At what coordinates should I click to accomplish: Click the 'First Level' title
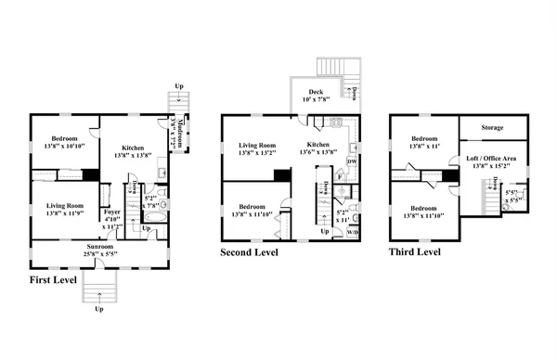pos(52,279)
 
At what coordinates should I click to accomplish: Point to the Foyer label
pos(112,212)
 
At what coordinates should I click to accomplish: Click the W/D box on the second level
pos(354,232)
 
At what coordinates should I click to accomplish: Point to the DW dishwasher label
pos(352,161)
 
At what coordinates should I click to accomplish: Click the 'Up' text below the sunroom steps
pos(99,309)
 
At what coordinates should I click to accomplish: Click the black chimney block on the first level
pos(90,174)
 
